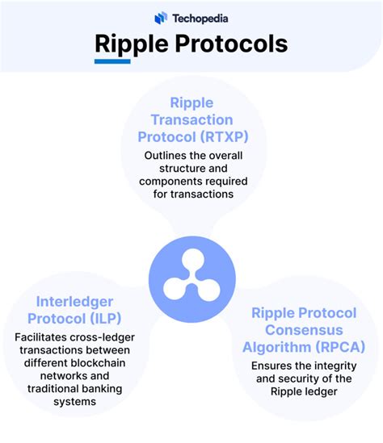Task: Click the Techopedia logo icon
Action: click(x=161, y=17)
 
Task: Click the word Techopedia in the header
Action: click(x=199, y=17)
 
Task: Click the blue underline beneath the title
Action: click(x=112, y=61)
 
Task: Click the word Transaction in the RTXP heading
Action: click(x=191, y=120)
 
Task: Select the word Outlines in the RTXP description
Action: click(x=166, y=156)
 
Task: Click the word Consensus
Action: click(x=286, y=330)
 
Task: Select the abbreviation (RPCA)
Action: click(x=340, y=348)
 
